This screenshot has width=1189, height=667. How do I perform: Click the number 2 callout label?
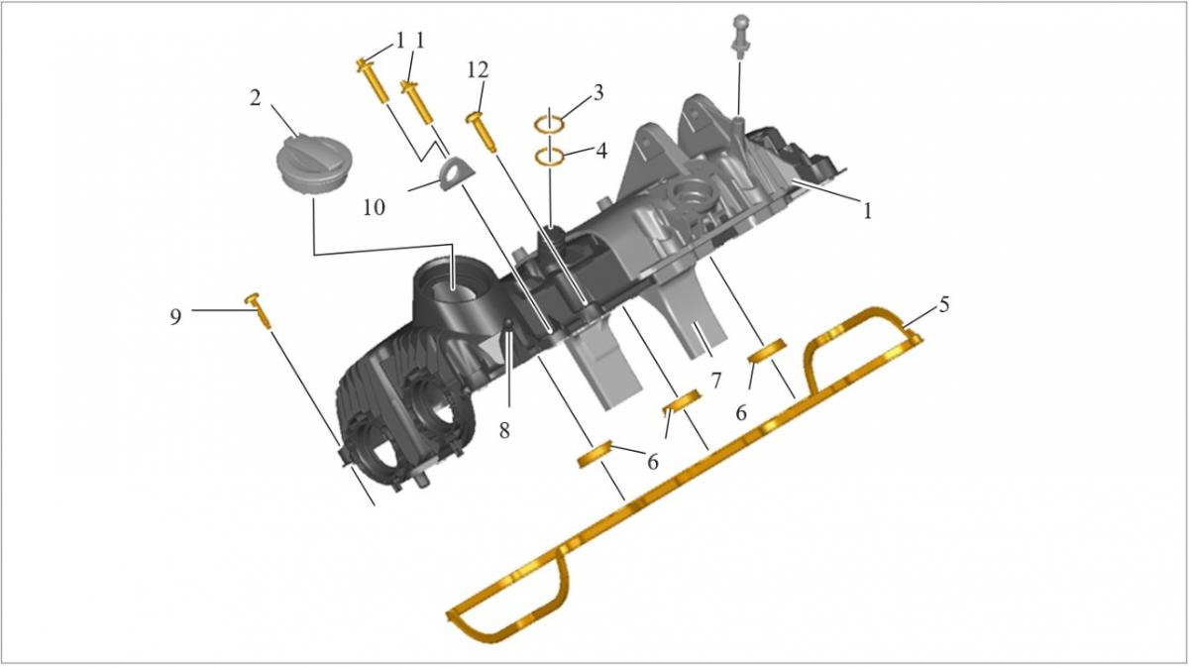pyautogui.click(x=256, y=98)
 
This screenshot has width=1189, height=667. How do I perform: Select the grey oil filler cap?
pyautogui.click(x=309, y=163)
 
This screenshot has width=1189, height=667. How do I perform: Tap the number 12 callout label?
pyautogui.click(x=478, y=70)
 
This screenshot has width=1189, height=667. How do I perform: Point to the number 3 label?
pyautogui.click(x=597, y=93)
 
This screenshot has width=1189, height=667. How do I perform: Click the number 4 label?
pyautogui.click(x=600, y=151)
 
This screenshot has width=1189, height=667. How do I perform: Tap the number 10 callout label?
pyautogui.click(x=374, y=208)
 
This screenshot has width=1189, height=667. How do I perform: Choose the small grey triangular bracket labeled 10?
pyautogui.click(x=456, y=172)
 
